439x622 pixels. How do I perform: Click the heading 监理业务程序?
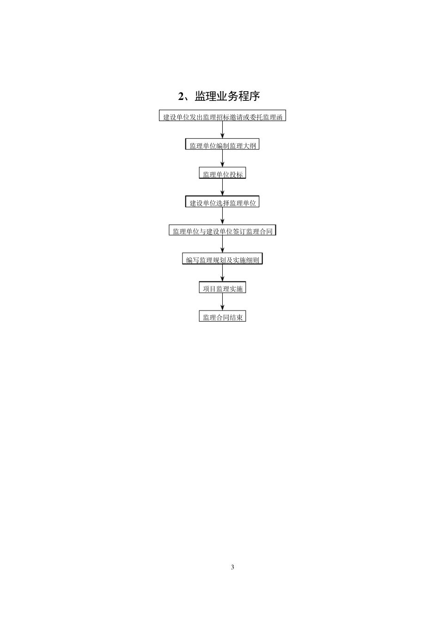(227, 96)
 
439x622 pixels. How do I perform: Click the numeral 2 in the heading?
(181, 96)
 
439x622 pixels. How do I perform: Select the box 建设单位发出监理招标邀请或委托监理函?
(223, 117)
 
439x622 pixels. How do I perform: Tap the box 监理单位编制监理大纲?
(222, 145)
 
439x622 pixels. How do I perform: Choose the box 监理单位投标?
(222, 174)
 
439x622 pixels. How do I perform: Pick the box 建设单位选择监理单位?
(222, 203)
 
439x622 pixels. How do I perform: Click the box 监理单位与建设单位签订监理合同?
(222, 231)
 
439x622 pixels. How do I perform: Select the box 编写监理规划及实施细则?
(222, 260)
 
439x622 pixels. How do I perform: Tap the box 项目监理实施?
(222, 288)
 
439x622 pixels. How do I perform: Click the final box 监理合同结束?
(222, 317)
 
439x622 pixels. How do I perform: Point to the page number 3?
(232, 567)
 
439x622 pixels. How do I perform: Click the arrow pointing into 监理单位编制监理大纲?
(223, 130)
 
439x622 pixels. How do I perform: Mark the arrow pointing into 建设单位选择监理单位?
(223, 187)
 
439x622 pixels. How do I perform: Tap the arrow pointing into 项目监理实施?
(223, 274)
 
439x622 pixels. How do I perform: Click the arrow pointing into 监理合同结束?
(223, 302)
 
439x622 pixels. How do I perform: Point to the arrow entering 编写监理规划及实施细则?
(223, 245)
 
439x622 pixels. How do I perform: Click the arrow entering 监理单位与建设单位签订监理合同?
(223, 216)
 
